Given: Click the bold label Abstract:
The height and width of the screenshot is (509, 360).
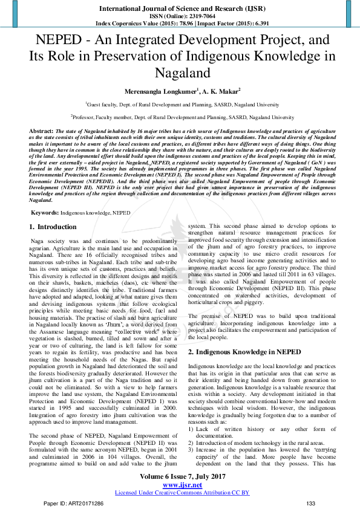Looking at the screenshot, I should coord(41,131).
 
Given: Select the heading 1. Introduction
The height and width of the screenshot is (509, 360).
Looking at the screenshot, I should coord(53,227).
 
